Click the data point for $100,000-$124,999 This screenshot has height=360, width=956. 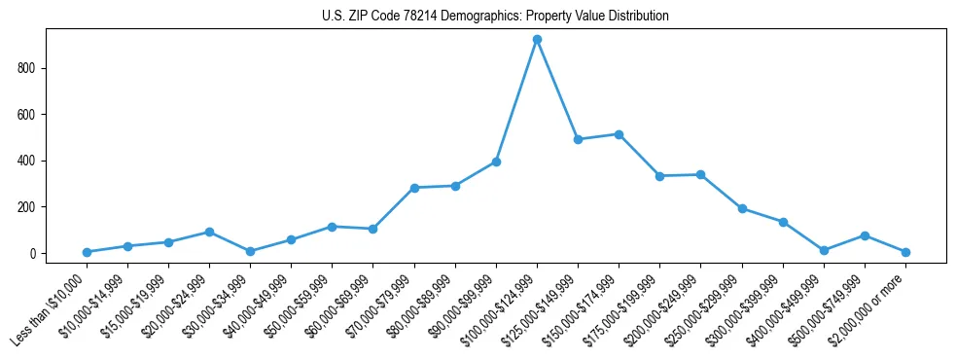[x=537, y=39]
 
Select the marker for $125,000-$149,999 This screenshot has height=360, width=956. [x=578, y=139]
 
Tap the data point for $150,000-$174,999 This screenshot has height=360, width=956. [x=619, y=134]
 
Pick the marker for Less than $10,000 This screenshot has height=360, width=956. [x=87, y=252]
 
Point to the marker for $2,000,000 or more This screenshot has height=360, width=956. [x=905, y=252]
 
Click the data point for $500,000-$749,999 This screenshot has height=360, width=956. [x=865, y=235]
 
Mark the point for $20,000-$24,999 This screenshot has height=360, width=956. [x=209, y=232]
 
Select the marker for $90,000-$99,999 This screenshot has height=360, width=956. [x=496, y=162]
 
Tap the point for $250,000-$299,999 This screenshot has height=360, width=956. [x=742, y=208]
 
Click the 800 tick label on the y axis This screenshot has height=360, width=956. [x=27, y=68]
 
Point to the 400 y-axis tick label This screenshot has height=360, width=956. [x=27, y=161]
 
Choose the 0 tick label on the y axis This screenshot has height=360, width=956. [x=33, y=254]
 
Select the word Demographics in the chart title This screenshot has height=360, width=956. [x=476, y=17]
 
